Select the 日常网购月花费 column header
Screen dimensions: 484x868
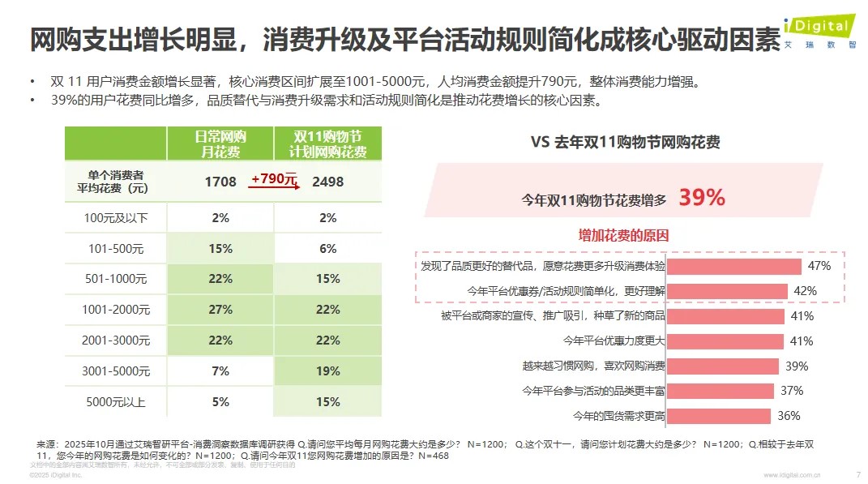220,143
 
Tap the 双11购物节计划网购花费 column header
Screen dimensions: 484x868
327,143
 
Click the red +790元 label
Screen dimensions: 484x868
274,179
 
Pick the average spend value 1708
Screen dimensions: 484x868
220,182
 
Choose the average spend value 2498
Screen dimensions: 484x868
327,182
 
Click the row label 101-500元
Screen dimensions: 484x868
116,249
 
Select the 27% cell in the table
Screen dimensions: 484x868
220,310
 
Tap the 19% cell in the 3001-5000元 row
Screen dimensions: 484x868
327,370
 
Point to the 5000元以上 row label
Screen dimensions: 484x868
116,400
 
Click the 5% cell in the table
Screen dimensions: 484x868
220,400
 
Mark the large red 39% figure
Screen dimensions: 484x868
702,198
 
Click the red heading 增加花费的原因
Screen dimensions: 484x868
623,236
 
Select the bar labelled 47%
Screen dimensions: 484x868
734,266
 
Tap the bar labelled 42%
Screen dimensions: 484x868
727,290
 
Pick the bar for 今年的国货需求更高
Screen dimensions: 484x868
719,416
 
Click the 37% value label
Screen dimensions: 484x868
792,391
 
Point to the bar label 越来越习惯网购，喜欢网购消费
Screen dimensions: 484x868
592,366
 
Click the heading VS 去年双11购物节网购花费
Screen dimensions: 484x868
625,142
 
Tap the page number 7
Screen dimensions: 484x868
858,474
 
